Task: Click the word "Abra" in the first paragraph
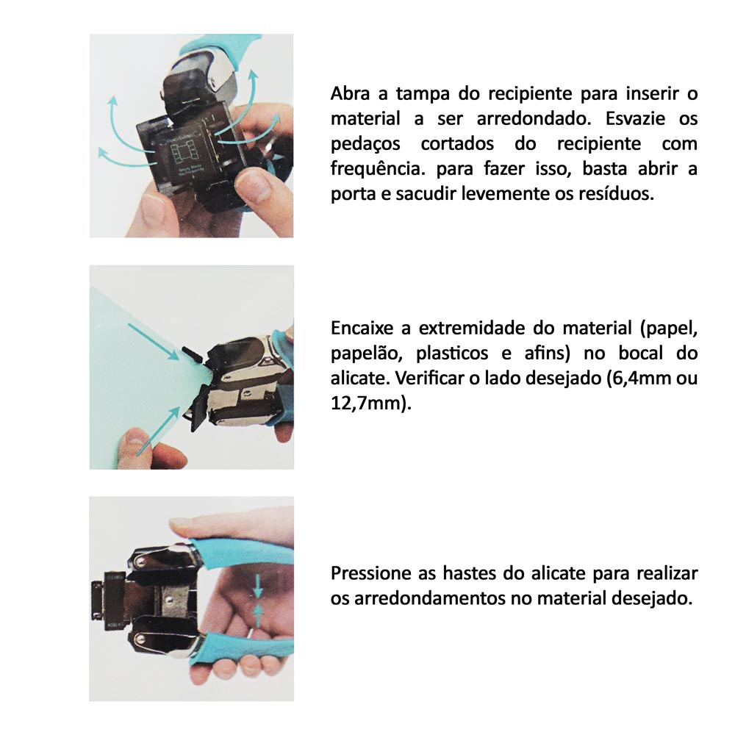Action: pyautogui.click(x=350, y=94)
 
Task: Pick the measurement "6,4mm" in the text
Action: pyautogui.click(x=636, y=379)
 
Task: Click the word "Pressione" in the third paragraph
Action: pyautogui.click(x=370, y=573)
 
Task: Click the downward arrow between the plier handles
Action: pyautogui.click(x=257, y=586)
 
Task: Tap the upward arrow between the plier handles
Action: pyautogui.click(x=257, y=615)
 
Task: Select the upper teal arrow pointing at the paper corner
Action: pyautogui.click(x=154, y=342)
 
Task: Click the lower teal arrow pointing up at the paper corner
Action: pyautogui.click(x=159, y=430)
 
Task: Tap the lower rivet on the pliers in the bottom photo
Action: pyautogui.click(x=139, y=639)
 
